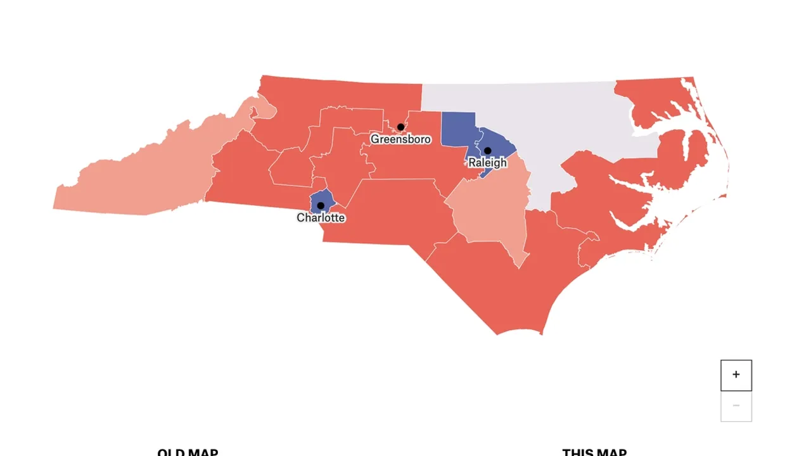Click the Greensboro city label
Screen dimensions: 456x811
[x=400, y=139]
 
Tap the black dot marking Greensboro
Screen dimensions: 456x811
[x=400, y=127]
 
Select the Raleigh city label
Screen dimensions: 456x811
[x=487, y=163]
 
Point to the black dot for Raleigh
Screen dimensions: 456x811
[x=487, y=151]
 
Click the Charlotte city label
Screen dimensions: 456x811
[x=321, y=218]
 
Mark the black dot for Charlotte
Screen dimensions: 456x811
[x=321, y=206]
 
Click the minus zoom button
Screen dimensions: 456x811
[x=736, y=406]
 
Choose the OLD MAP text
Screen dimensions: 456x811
[x=188, y=452]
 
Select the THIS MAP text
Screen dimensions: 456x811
[x=594, y=452]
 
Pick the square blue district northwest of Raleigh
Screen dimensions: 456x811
[x=457, y=130]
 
